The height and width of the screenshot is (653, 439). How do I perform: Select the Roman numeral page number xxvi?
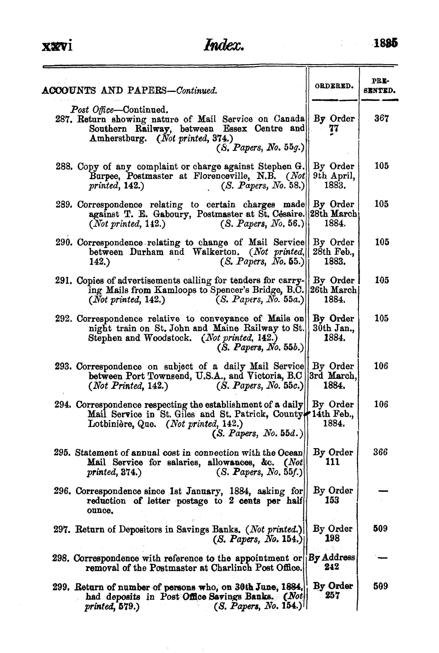tap(57, 45)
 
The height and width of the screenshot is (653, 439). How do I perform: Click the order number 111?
tap(333, 462)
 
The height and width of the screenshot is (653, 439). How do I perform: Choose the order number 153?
tap(333, 500)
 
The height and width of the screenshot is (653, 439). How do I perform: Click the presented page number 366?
tap(381, 452)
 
